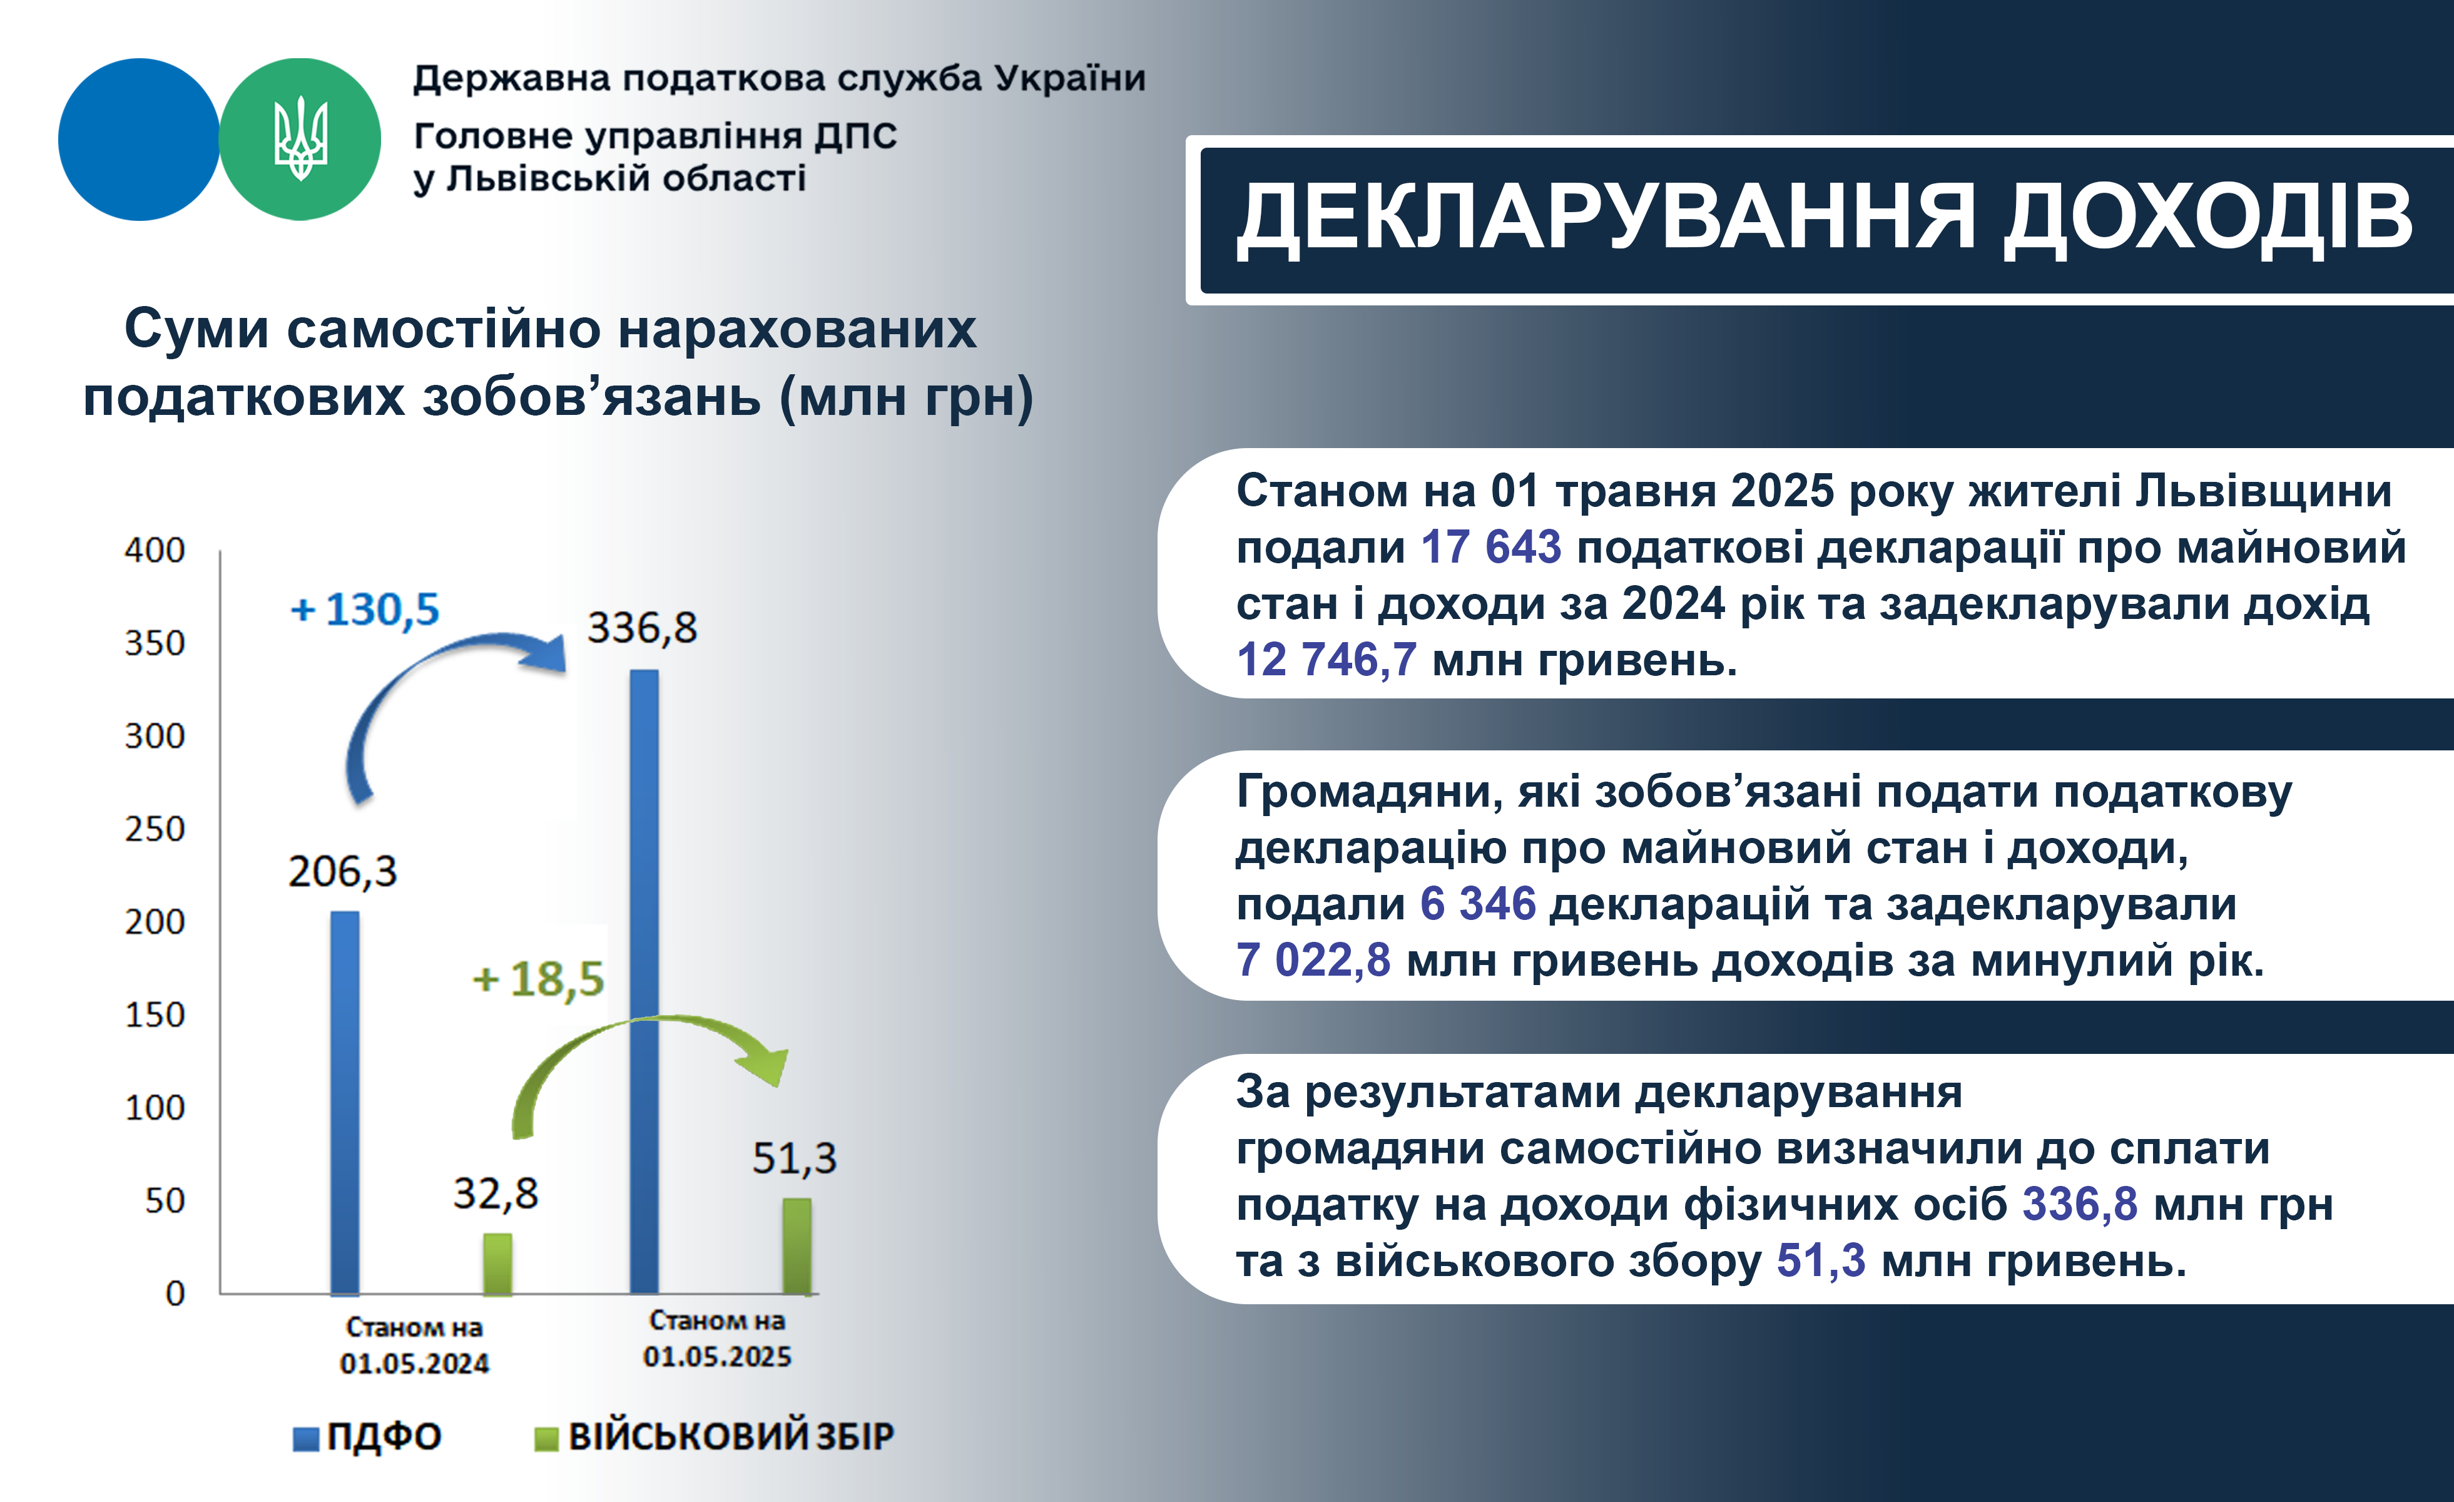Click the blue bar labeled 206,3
(x=345, y=1103)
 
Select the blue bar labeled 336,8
(x=644, y=982)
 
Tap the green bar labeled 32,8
(x=498, y=1264)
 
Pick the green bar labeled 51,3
(x=797, y=1246)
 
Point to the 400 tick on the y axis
(x=155, y=550)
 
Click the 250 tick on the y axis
(x=155, y=829)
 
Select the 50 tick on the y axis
(x=165, y=1200)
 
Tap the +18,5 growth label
(x=538, y=979)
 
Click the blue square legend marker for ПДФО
(x=306, y=1438)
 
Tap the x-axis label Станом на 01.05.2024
(x=414, y=1345)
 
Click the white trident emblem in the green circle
(x=300, y=138)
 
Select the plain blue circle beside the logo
(x=138, y=140)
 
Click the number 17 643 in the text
(x=1491, y=547)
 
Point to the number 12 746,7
(x=1326, y=660)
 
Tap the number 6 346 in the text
(x=1478, y=904)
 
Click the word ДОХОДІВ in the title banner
(x=2208, y=218)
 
